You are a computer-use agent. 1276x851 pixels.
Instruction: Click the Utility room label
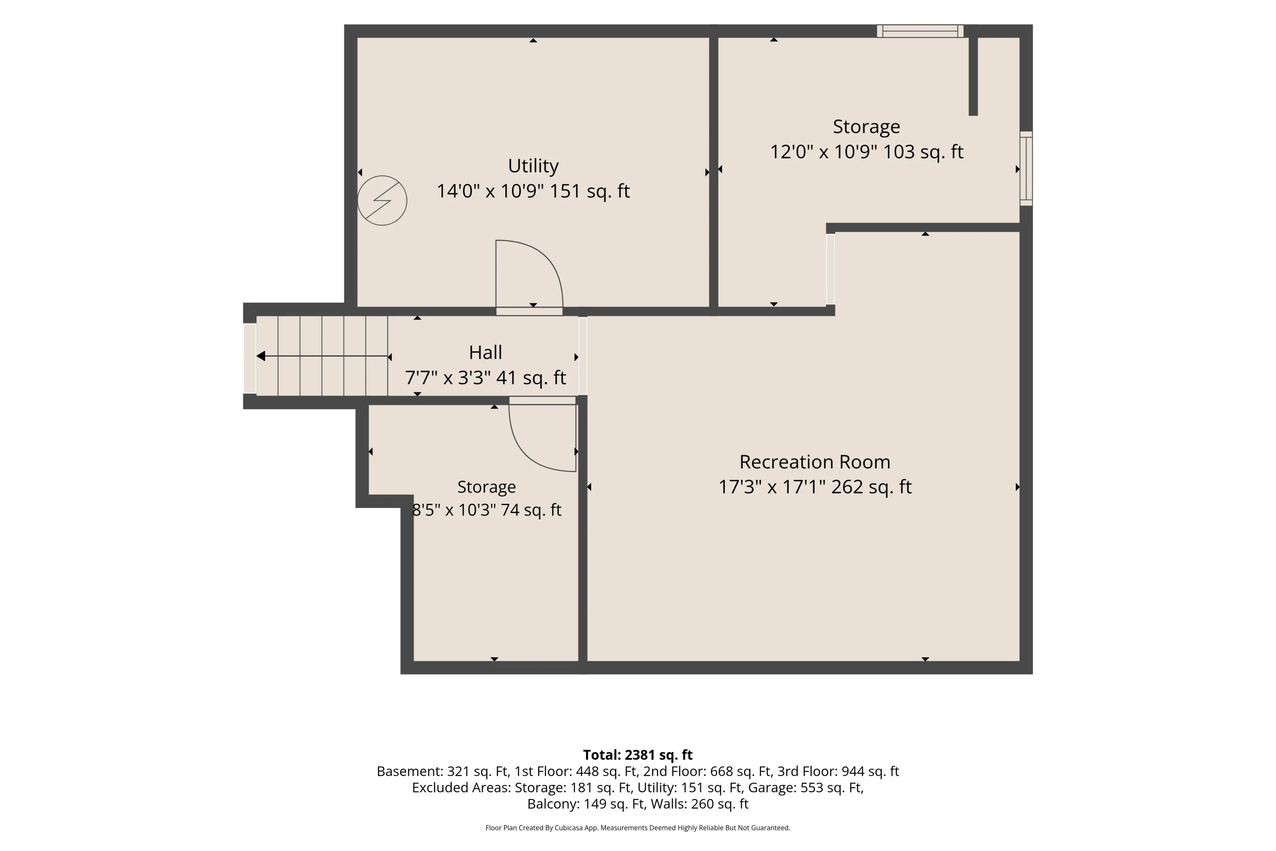point(533,166)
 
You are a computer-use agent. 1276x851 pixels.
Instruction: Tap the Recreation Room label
point(815,462)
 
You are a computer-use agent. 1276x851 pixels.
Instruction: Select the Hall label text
point(486,352)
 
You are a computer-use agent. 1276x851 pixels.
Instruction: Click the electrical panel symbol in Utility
point(382,200)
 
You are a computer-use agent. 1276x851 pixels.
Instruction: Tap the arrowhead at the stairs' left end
point(261,356)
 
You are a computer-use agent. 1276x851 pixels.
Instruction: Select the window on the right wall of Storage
point(1026,168)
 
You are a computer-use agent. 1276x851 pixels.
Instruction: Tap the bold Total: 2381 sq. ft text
point(638,755)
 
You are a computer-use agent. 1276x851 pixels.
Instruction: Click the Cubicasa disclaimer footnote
point(638,828)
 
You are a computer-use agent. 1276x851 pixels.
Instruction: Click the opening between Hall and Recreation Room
point(583,356)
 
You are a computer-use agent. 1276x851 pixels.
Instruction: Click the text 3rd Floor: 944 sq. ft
point(838,771)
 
